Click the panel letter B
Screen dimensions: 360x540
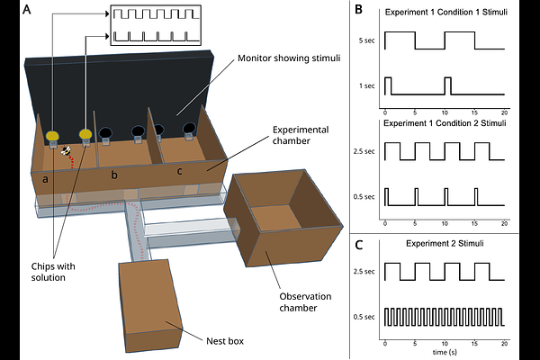pos(358,11)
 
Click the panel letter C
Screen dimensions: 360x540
pos(358,243)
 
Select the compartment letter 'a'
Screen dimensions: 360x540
pos(45,180)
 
